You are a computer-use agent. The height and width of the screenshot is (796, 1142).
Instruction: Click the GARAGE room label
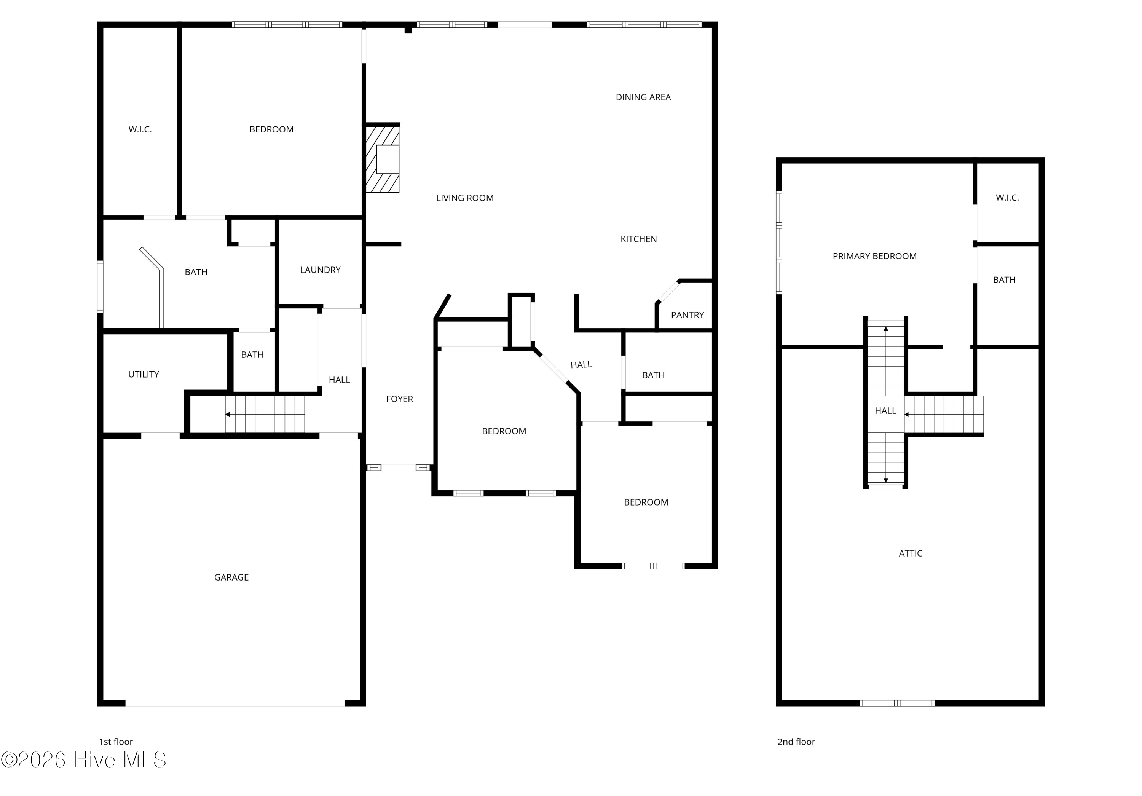[x=231, y=577]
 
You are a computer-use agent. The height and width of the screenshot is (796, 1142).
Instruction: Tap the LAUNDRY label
[x=320, y=270]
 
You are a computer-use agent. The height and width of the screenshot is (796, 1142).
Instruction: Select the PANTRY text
[x=687, y=315]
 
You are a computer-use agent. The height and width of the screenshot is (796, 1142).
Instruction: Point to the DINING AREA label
[x=643, y=97]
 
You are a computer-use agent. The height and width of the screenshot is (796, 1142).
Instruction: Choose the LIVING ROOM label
[x=464, y=198]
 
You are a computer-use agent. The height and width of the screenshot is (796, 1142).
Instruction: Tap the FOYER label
[x=399, y=399]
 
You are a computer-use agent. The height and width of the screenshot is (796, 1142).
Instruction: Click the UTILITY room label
[x=144, y=374]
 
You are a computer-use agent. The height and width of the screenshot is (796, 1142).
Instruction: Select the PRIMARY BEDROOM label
[x=874, y=256]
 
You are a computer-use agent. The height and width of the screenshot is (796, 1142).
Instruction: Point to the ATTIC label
[x=910, y=553]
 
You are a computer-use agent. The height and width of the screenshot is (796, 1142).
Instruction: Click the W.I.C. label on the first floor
[x=140, y=129]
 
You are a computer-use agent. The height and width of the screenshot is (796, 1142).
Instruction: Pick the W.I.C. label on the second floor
[x=1007, y=198]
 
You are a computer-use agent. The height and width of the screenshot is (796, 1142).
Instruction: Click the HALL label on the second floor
[x=885, y=410]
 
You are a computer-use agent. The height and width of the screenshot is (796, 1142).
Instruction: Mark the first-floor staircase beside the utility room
[x=265, y=415]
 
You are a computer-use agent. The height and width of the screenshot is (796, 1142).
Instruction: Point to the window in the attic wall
[x=897, y=703]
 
